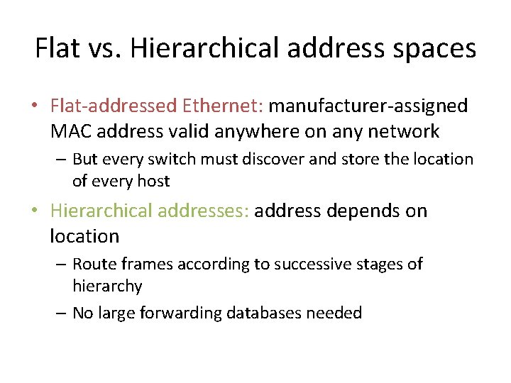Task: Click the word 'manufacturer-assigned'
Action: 368,106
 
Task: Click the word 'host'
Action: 153,181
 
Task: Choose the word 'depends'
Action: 356,211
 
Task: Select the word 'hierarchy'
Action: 107,287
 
